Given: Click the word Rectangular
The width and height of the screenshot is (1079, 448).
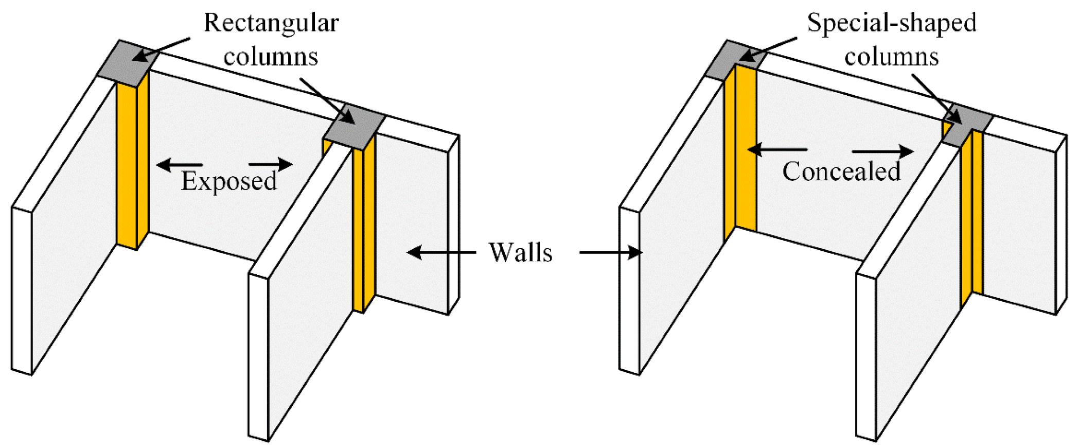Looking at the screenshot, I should pyautogui.click(x=271, y=23).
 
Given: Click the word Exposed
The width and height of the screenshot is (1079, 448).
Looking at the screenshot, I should pyautogui.click(x=229, y=181).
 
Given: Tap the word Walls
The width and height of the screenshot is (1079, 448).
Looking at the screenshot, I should pyautogui.click(x=520, y=253).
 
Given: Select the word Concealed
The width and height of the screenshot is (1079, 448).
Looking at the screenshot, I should pyautogui.click(x=842, y=171).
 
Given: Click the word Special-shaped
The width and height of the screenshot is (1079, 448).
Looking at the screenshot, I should pyautogui.click(x=891, y=23).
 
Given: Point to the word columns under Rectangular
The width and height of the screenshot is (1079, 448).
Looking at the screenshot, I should pyautogui.click(x=271, y=57).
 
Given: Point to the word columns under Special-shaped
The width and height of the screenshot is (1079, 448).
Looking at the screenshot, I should pyautogui.click(x=891, y=57).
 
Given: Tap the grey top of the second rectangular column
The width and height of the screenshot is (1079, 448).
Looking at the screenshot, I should pyautogui.click(x=355, y=127).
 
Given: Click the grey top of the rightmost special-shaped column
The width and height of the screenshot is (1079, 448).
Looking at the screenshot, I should pyautogui.click(x=967, y=124).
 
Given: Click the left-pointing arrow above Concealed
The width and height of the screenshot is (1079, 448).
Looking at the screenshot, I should pyautogui.click(x=777, y=150).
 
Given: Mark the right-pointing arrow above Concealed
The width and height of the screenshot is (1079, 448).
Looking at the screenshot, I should pyautogui.click(x=882, y=151).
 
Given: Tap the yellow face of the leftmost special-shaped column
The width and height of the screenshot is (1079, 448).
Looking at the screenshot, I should pyautogui.click(x=745, y=149).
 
